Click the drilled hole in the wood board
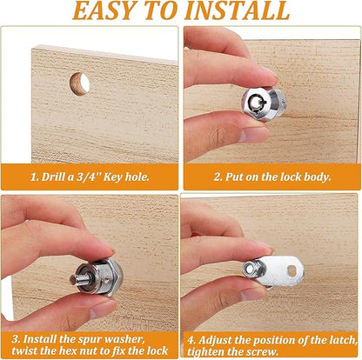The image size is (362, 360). (x=79, y=84)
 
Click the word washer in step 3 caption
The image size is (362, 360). (x=124, y=339)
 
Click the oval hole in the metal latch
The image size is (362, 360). (x=292, y=271)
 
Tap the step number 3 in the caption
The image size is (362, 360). (x=16, y=339)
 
